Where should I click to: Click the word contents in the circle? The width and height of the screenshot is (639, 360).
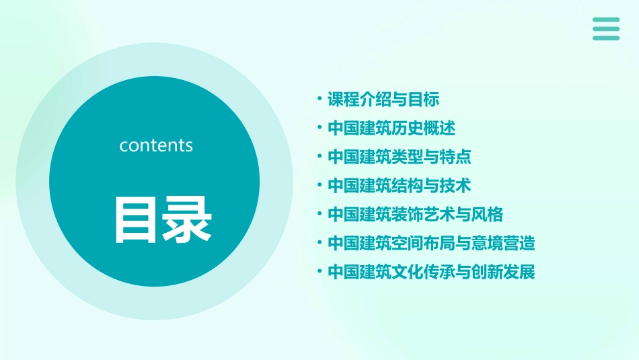[156, 145]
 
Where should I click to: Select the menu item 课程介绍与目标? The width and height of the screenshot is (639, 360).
[383, 100]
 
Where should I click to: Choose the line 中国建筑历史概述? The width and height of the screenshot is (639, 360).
[391, 128]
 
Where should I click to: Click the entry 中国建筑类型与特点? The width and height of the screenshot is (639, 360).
[399, 157]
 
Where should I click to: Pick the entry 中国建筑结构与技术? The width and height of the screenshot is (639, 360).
[399, 185]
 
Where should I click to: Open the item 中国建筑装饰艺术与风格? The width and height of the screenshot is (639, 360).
[415, 215]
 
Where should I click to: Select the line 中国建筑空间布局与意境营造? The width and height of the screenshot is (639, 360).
[431, 243]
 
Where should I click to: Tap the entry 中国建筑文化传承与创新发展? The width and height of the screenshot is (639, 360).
[431, 272]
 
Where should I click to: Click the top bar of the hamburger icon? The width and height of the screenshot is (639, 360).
[606, 20]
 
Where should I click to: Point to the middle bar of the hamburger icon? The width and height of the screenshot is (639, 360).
[606, 29]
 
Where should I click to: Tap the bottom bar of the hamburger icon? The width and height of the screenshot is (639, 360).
[606, 38]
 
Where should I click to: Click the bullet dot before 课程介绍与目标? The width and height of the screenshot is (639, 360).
[319, 100]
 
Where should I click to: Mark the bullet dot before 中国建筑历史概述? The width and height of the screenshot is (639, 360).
[319, 128]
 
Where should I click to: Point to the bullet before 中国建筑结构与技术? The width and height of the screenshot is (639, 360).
[319, 185]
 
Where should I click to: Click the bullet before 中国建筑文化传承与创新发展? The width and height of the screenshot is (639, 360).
[319, 272]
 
